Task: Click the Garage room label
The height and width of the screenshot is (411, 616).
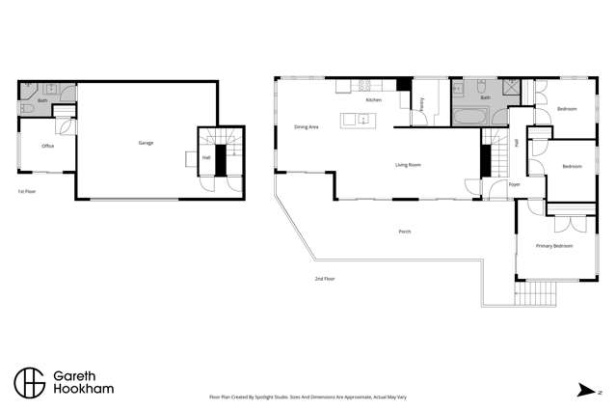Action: point(146,143)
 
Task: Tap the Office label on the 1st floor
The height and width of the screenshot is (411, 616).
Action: point(47,146)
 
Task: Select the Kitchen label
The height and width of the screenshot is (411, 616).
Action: point(373,100)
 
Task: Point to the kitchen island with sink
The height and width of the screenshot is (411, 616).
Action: point(356,120)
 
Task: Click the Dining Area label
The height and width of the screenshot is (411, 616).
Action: point(307,126)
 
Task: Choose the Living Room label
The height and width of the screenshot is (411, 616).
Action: point(409,165)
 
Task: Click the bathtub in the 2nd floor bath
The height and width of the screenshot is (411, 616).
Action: point(473,118)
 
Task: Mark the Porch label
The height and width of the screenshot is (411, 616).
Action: point(405,232)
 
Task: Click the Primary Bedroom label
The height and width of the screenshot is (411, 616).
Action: point(554,246)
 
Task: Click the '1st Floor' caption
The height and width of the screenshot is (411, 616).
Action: point(27,192)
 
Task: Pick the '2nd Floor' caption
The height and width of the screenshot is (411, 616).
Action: point(325,279)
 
